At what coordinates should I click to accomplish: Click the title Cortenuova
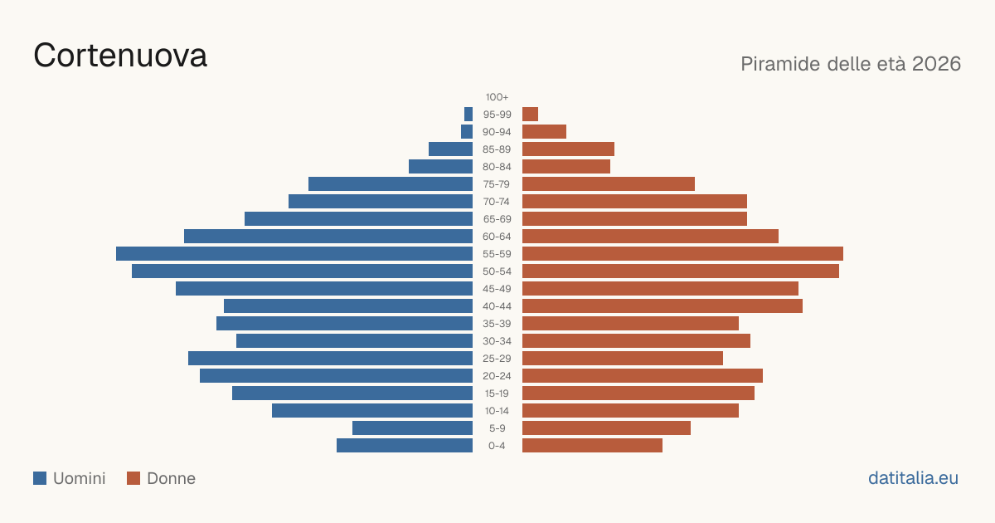click(120, 56)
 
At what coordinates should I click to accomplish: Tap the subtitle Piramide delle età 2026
click(851, 64)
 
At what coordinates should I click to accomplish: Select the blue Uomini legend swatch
click(40, 478)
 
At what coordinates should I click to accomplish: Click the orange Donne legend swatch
click(133, 478)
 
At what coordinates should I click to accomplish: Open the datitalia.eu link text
click(913, 478)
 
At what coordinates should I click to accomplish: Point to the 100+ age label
click(497, 97)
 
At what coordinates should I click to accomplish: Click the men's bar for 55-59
click(294, 253)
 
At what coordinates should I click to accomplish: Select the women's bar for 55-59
click(682, 253)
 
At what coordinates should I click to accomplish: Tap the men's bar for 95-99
click(468, 115)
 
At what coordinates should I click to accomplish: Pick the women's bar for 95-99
click(530, 115)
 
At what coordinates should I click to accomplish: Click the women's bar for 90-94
click(544, 132)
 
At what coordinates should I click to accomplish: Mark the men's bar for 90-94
click(467, 132)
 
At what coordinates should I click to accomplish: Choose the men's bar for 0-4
click(405, 445)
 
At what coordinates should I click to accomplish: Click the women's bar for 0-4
click(592, 445)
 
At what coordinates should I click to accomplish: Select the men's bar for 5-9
click(413, 428)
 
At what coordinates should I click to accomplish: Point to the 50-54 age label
click(497, 271)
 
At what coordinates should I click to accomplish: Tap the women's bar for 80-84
click(566, 166)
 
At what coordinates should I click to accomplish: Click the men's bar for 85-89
click(450, 149)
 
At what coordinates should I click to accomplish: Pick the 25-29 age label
click(497, 359)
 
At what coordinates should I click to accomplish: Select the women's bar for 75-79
click(609, 183)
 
